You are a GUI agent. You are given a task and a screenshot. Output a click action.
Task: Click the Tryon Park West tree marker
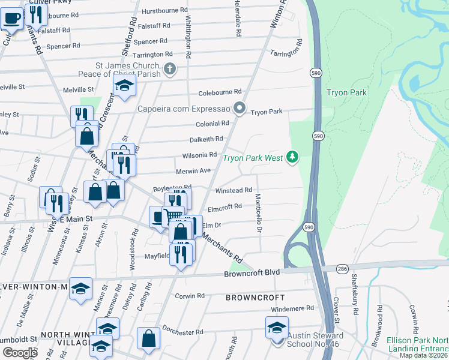point(292,157)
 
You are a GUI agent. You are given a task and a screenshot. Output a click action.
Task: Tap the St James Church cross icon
point(170,68)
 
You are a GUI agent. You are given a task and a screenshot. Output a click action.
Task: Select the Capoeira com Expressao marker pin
point(240,109)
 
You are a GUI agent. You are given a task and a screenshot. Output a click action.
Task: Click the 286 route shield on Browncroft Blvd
point(342,268)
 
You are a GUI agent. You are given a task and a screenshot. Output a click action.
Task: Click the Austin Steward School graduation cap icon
point(277,328)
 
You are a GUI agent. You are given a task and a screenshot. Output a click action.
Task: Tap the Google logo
point(20,353)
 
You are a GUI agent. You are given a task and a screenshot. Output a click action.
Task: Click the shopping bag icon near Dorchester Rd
point(148,340)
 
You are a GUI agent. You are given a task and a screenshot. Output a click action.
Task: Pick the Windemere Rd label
point(292,308)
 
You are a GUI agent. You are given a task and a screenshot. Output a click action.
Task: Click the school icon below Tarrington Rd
point(125,86)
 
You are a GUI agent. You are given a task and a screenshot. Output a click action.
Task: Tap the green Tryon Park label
point(346,92)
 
